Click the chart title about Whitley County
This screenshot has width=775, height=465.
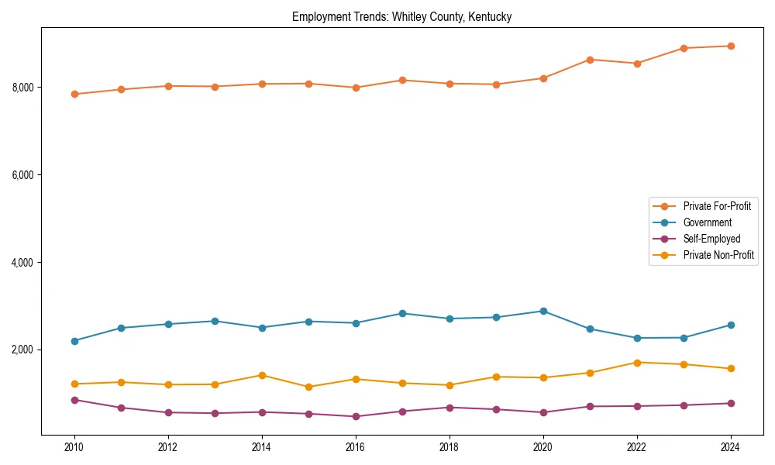coord(401,16)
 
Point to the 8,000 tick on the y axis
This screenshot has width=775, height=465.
coord(23,88)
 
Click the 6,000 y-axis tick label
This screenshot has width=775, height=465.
coord(23,175)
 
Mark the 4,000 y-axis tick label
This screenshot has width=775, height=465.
coord(23,263)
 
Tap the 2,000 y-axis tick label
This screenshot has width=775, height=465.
coord(23,350)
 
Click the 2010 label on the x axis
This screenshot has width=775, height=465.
coord(74,447)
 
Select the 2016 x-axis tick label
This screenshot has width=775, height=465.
coord(355,447)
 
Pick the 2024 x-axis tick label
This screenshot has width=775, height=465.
coord(730,447)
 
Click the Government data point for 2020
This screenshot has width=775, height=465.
coord(542,311)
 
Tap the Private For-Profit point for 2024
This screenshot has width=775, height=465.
coord(730,46)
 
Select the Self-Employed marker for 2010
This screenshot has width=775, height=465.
coord(74,400)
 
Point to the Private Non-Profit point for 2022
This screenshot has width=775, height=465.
coord(636,363)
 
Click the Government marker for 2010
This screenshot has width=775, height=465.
coord(74,341)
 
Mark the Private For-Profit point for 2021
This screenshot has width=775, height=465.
coord(590,60)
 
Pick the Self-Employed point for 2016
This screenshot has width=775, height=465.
coord(355,416)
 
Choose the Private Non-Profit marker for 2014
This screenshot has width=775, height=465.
coord(262,375)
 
